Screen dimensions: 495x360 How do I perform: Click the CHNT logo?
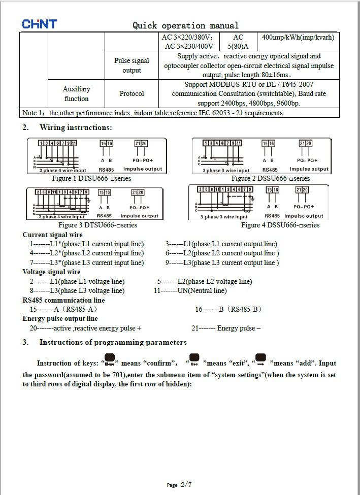39,24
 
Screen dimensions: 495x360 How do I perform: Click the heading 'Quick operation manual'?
185,25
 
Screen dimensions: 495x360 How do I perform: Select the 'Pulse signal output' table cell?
132,65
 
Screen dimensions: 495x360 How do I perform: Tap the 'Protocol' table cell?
132,94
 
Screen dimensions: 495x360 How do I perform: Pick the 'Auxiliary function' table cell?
77,94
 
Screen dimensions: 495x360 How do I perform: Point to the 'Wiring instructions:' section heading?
76,127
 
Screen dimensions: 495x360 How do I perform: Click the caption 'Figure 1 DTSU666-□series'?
91,178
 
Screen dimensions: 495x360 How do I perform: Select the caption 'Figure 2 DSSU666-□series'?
270,178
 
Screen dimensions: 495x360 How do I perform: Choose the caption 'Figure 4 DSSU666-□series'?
280,225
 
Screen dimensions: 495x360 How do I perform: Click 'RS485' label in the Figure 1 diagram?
107,170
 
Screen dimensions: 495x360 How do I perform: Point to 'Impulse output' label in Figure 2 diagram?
309,169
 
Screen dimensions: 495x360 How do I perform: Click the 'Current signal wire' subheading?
52,235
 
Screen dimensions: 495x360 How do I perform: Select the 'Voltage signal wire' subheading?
51,272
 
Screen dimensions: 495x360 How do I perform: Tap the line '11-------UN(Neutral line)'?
190,291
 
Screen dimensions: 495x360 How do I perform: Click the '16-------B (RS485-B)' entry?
228,309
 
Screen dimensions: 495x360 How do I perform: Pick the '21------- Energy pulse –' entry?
226,328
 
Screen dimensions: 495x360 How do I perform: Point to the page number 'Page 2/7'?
179,485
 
